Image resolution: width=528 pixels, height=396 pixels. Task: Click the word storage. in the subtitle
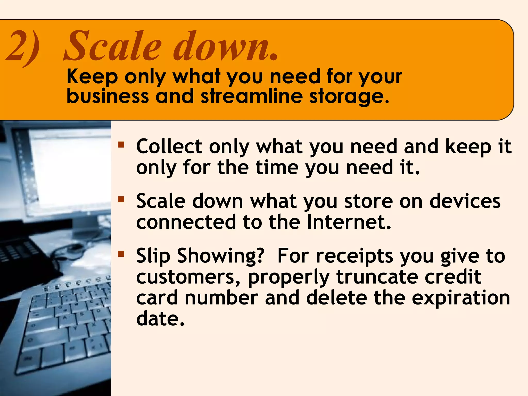[x=349, y=97]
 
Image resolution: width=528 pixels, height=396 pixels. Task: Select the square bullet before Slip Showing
[x=121, y=254]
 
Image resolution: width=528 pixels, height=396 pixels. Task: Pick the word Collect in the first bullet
[x=169, y=146]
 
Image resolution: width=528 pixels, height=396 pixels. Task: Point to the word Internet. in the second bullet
[x=349, y=222]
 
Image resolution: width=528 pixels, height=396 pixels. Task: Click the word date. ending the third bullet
[x=160, y=319]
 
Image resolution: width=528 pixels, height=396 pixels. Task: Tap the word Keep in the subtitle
[x=92, y=77]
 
